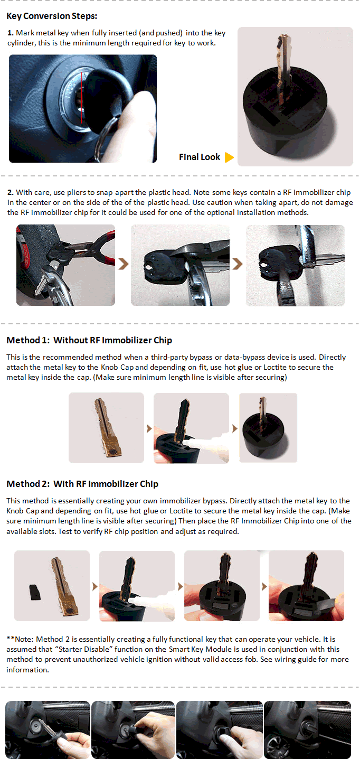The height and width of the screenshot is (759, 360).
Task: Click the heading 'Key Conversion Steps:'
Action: click(x=52, y=16)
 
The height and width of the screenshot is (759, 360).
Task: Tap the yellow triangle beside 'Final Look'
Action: click(x=229, y=157)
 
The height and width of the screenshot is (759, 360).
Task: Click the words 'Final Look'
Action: click(x=200, y=157)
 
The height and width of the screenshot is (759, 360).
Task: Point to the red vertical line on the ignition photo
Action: click(x=81, y=98)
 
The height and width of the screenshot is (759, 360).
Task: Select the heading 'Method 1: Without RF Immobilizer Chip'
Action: click(x=89, y=340)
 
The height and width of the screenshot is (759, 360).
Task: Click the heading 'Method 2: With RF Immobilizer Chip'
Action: click(x=82, y=484)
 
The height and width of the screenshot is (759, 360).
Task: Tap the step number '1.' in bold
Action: click(x=11, y=33)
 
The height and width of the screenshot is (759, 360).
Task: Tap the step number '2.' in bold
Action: click(x=11, y=192)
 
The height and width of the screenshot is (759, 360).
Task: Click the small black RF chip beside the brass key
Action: click(x=34, y=592)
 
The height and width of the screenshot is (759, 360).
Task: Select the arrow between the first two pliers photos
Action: click(x=124, y=264)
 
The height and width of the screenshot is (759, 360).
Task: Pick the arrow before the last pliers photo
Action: click(x=238, y=264)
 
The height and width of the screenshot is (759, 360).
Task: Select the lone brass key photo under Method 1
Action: click(x=106, y=428)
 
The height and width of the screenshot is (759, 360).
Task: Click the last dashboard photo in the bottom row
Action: click(x=308, y=729)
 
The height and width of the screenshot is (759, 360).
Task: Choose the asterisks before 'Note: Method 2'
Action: click(x=11, y=639)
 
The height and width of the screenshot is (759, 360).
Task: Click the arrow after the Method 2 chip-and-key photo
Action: click(x=95, y=586)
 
